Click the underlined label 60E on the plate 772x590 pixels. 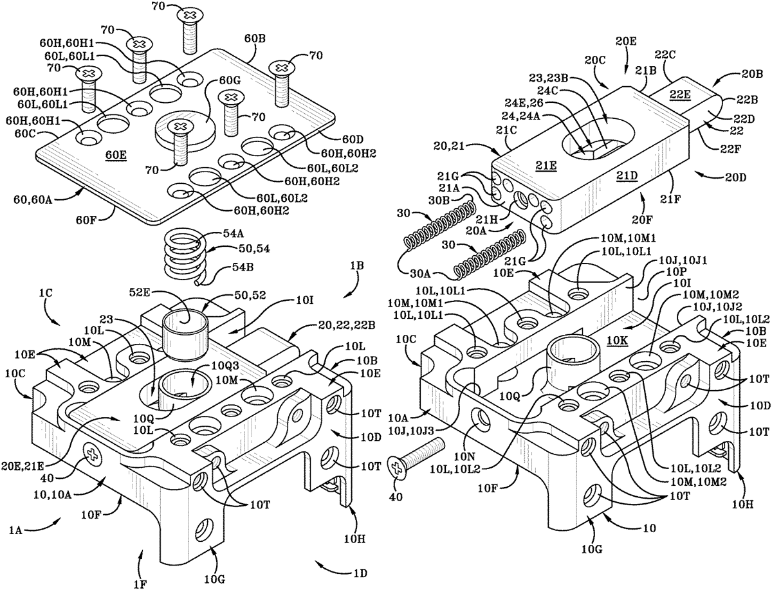(x=116, y=156)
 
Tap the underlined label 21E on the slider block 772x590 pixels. (x=546, y=166)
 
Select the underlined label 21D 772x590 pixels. (x=627, y=175)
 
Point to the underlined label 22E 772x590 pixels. (x=679, y=94)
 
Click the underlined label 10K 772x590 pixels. (x=617, y=341)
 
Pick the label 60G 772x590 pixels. (x=230, y=81)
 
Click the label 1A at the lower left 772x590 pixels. (x=15, y=530)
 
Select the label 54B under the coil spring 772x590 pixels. (x=243, y=267)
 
